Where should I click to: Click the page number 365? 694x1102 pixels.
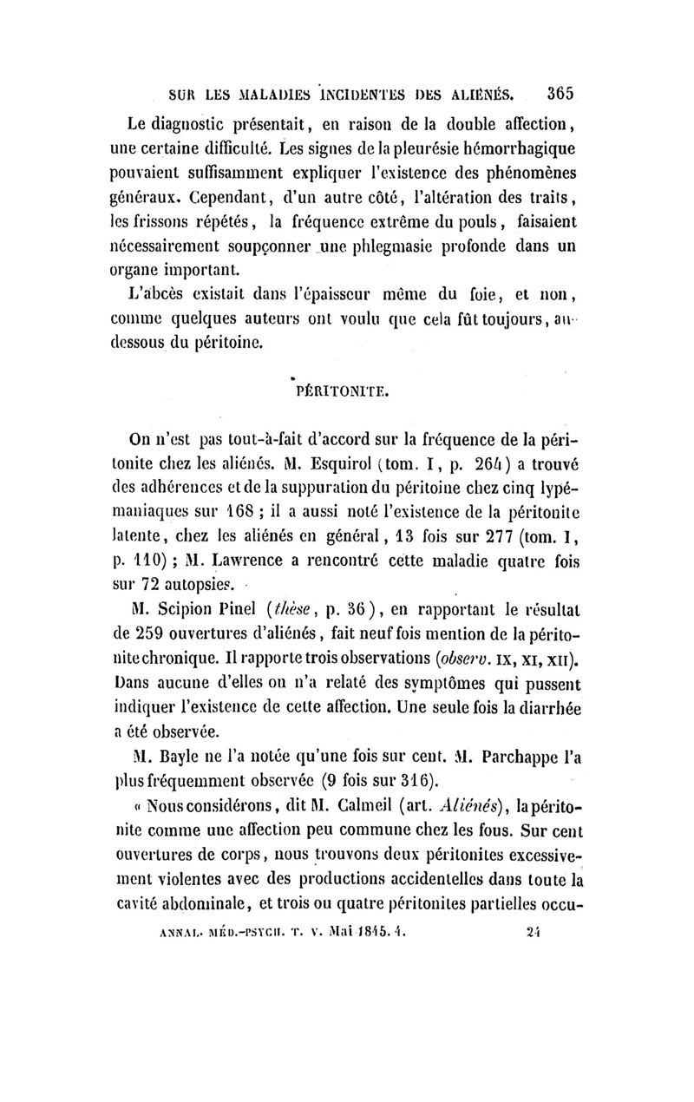pyautogui.click(x=556, y=89)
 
